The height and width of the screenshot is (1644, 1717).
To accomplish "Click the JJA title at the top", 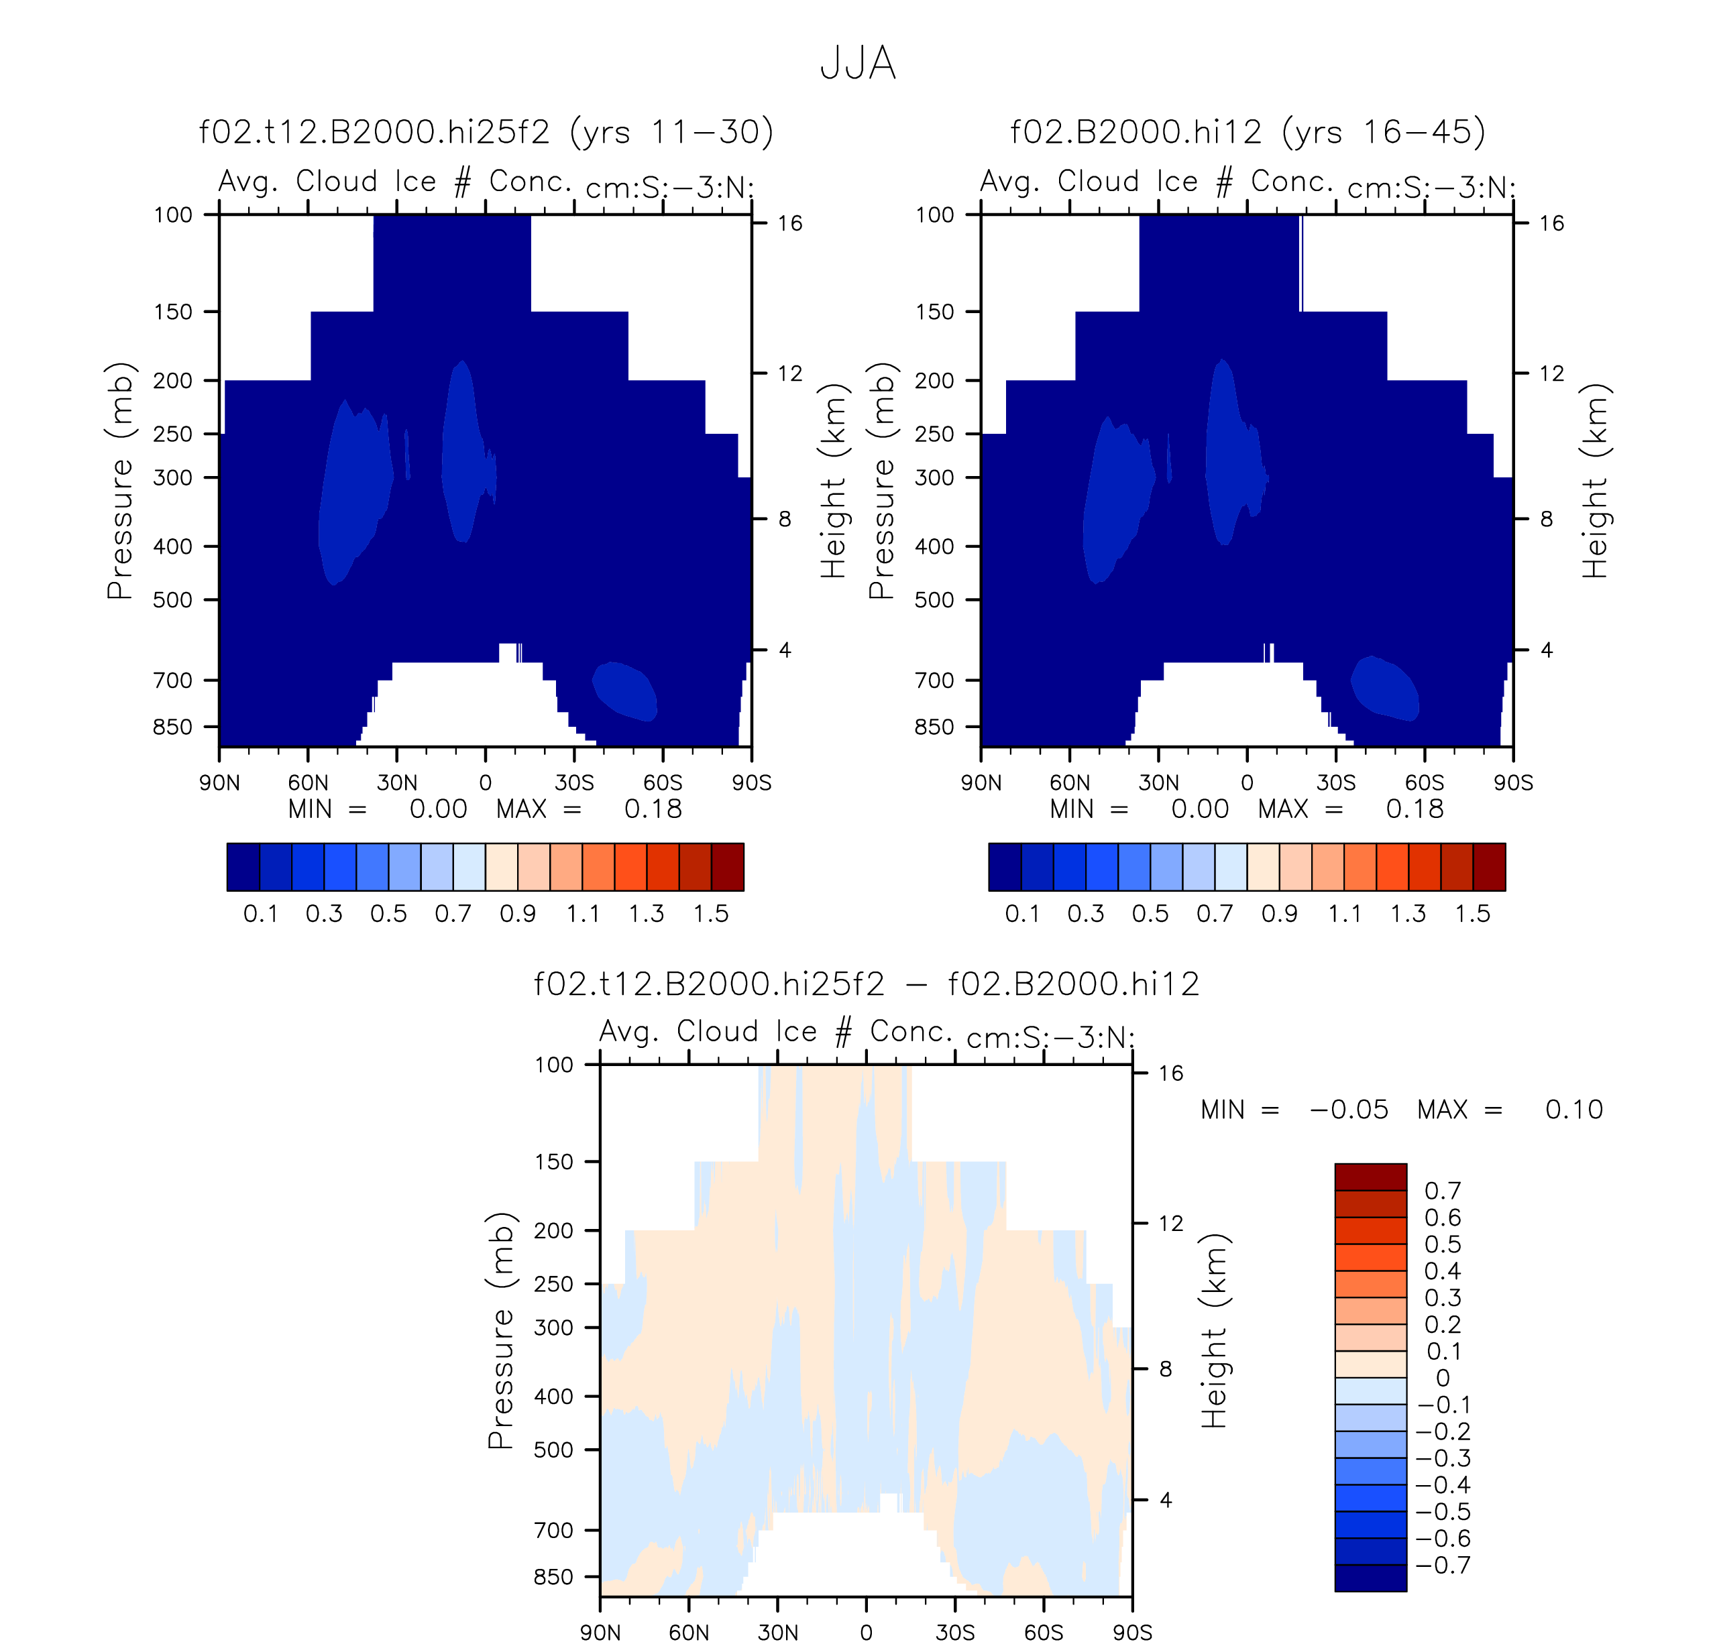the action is point(858,64).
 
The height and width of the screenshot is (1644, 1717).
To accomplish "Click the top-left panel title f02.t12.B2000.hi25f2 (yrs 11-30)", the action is point(486,132).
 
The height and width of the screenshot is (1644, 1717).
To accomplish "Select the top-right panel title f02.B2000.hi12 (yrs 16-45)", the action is point(1248,132).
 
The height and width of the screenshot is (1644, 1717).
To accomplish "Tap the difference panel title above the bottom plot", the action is point(867,984).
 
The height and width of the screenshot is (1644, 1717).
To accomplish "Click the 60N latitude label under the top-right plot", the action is point(1070,782).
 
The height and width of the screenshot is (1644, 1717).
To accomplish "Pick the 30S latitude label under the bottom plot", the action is point(955,1633).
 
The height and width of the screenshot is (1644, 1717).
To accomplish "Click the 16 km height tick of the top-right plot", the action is point(1551,223).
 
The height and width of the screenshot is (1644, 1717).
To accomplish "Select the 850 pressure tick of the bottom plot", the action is point(553,1576).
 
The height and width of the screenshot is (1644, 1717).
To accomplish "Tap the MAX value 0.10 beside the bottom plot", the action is point(1574,1110).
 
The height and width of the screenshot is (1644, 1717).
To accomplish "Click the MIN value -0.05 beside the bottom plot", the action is point(1349,1110).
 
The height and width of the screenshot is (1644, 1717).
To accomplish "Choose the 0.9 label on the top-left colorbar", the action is point(518,914).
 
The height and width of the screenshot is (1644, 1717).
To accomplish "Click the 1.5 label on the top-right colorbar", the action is point(1473,914).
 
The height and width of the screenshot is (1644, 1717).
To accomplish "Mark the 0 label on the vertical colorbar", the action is point(1442,1378).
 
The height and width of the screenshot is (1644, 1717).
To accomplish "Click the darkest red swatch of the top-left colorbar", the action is point(727,867).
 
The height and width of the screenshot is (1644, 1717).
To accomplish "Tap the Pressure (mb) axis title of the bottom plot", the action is point(500,1332).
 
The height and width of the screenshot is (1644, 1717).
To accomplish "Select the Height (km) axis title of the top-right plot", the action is point(1595,481).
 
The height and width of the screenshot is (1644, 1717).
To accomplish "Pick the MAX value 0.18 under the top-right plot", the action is point(1414,809).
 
